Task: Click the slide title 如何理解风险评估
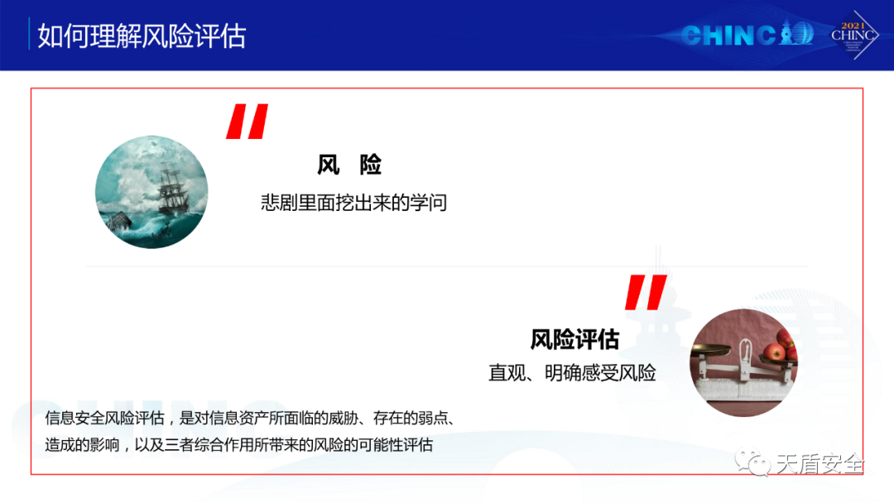142,36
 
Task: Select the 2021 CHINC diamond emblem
853,35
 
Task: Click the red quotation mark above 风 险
247,122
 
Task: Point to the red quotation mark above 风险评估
646,292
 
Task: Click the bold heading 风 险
349,165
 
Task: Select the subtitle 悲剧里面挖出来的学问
354,203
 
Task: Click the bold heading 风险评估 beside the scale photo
574,339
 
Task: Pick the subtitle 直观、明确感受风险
572,373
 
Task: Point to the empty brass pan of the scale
710,349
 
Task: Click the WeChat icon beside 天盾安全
752,462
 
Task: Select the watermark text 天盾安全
819,463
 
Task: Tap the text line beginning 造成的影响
239,445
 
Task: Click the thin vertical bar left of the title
29,34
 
